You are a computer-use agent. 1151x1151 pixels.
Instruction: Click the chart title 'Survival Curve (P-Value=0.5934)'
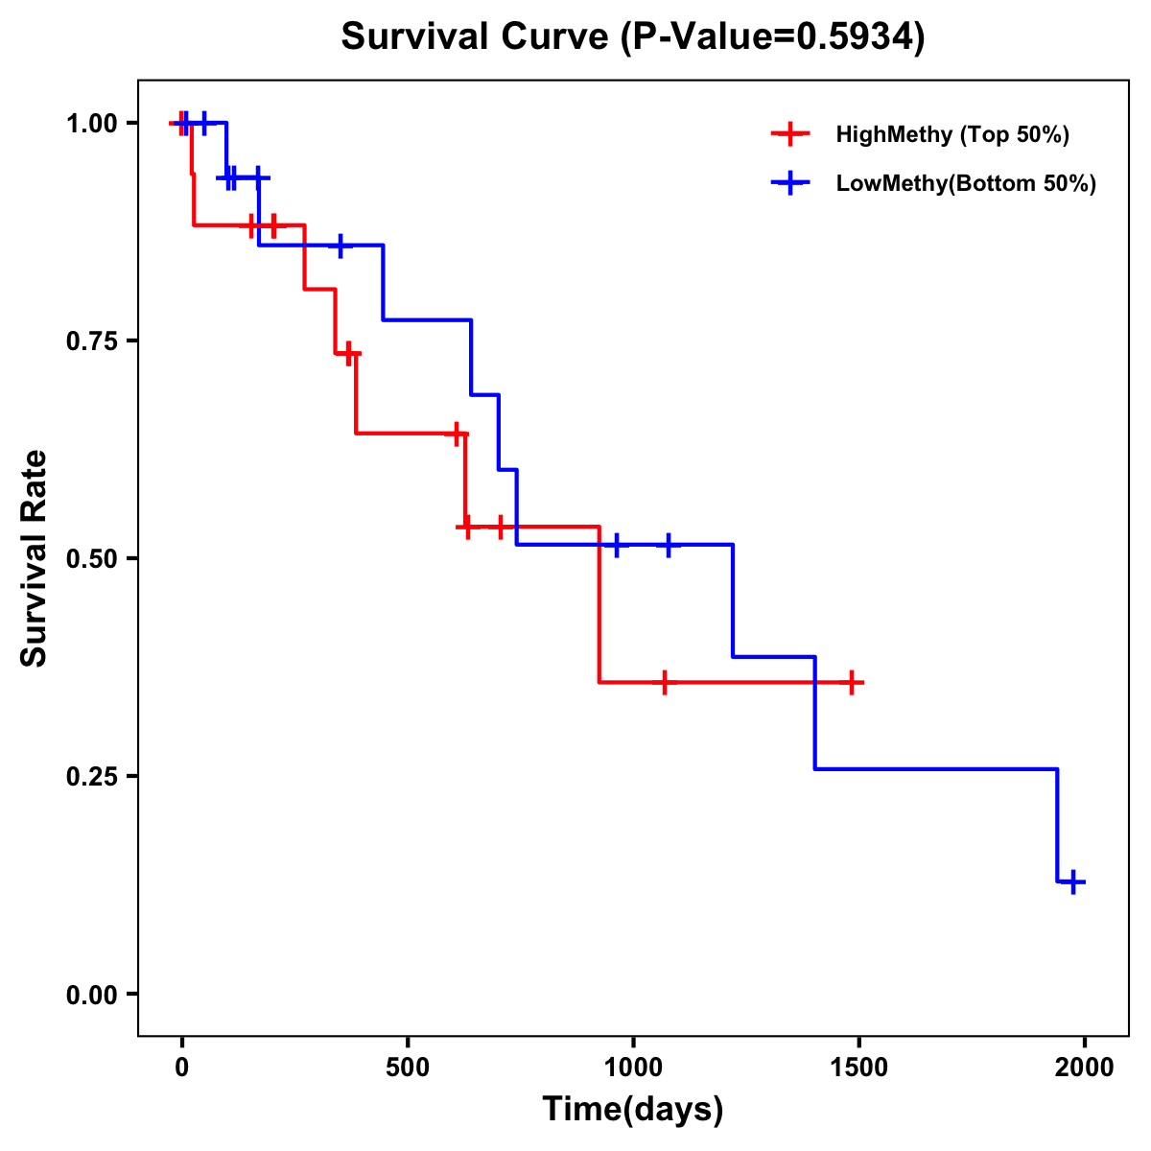coord(633,37)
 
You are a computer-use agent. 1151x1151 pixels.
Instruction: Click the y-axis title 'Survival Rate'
coord(35,557)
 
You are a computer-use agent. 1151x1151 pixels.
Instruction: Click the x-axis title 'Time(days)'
coord(633,1109)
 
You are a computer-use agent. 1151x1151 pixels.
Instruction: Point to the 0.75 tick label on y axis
coord(92,341)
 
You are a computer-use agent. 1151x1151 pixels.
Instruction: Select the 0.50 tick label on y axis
coord(92,558)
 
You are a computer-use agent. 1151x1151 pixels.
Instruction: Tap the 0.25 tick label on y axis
coord(92,776)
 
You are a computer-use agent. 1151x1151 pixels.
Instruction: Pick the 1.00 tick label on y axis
coord(92,123)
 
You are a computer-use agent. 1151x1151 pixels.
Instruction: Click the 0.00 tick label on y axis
coord(92,994)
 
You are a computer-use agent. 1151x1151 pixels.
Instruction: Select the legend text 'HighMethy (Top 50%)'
coord(951,134)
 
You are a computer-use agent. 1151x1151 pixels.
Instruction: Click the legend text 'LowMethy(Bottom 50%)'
coord(966,183)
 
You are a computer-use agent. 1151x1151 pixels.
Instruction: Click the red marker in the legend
coord(789,134)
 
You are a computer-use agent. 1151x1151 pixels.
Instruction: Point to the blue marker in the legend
coord(789,183)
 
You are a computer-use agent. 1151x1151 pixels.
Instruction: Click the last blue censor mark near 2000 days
coord(1074,881)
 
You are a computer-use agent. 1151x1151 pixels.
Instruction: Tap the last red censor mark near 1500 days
coord(851,683)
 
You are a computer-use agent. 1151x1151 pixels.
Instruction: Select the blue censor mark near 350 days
coord(340,246)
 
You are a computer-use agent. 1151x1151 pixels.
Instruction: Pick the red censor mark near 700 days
coord(500,527)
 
